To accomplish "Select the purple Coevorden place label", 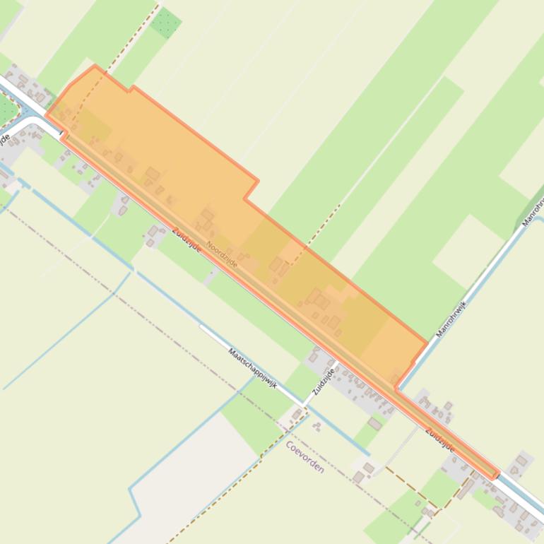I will (x=305, y=457).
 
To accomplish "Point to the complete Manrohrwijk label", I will (x=452, y=309).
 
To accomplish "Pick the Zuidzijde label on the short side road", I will (x=323, y=382).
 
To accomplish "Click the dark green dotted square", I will (x=165, y=23).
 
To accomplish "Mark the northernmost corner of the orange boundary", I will (x=95, y=66).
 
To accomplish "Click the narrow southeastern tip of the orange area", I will (x=497, y=475).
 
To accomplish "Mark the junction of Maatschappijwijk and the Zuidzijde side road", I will (x=304, y=404).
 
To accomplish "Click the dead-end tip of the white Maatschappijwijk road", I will (x=201, y=326).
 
